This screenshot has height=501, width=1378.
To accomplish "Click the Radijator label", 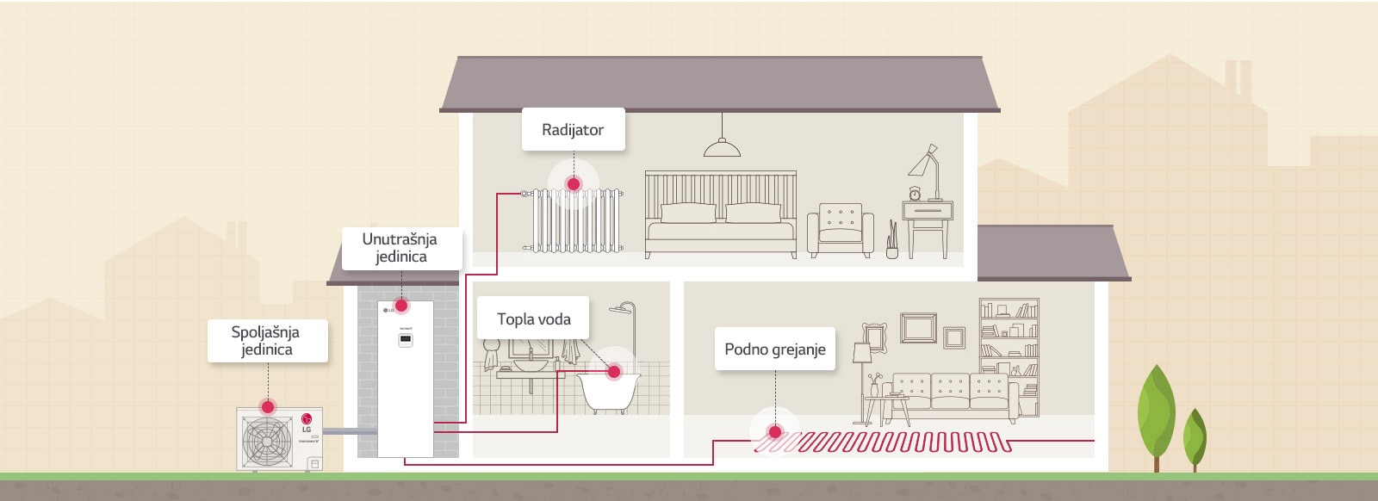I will (573, 130).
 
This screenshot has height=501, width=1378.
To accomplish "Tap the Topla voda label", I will (533, 319).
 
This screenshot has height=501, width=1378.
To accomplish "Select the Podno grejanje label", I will (774, 349).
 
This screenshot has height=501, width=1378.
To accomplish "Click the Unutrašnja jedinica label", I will (400, 248).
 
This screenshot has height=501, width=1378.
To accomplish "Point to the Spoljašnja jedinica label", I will (266, 341).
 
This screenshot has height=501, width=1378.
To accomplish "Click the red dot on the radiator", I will (574, 184).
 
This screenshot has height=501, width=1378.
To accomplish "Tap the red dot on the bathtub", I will (614, 372).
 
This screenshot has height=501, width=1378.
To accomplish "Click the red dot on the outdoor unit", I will (268, 406).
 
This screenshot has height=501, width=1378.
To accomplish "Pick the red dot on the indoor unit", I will (401, 306).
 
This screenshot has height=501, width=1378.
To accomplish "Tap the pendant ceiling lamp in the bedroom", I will (722, 148).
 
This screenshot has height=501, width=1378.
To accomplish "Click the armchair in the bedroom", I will (840, 230).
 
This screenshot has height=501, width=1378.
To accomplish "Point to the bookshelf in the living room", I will (1009, 349).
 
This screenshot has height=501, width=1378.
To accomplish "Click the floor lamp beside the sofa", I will (862, 370).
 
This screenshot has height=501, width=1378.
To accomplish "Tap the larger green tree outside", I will (1156, 413).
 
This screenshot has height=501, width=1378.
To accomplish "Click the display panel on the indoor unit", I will (405, 340).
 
